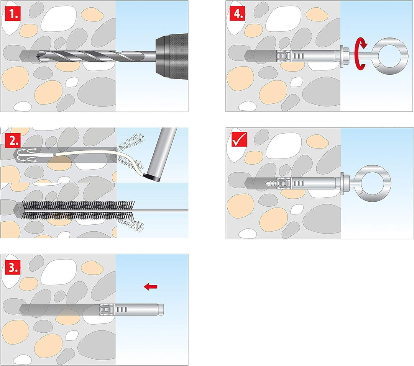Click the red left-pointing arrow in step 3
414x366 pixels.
point(151,286)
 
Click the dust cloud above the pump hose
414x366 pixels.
point(130,142)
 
